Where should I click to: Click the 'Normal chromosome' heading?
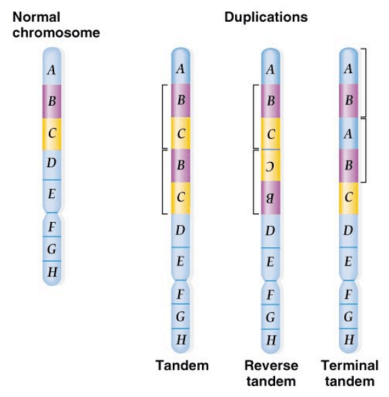point(56,24)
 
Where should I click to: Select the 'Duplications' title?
point(266,17)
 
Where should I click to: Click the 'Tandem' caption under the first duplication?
point(182,366)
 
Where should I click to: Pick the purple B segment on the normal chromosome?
point(52,102)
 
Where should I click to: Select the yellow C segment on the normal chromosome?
point(52,133)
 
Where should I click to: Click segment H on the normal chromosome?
point(52,272)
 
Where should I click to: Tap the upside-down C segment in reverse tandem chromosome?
point(270,165)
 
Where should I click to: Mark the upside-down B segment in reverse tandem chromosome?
point(270,198)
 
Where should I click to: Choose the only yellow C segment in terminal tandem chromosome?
point(348,198)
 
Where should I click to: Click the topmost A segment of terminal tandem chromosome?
point(348,68)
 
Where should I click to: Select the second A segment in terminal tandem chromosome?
point(348,133)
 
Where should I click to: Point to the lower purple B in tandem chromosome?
point(180,165)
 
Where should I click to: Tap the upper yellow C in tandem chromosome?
point(180,133)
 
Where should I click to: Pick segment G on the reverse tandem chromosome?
point(270,316)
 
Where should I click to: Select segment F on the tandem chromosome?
point(180,294)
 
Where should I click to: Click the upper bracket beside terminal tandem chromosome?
point(365,82)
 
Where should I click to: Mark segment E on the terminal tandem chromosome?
point(348,262)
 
